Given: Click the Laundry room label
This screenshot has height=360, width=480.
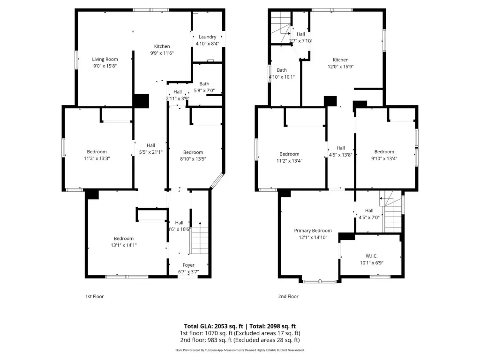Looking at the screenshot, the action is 207,37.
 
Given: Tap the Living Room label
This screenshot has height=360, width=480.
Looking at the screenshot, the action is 105,59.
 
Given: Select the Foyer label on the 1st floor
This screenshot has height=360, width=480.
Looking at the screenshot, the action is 188,265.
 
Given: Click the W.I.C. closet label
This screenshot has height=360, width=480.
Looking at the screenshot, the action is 371,256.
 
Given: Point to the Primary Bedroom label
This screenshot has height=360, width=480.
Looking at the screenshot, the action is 313,231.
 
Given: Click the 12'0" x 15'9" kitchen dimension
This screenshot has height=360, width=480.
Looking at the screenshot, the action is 341,67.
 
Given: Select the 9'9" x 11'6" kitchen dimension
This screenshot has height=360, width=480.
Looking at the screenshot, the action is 162,53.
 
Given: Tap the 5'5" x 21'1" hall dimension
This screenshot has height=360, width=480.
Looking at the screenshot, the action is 150,152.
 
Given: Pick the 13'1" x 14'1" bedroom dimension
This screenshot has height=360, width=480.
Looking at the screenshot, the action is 124,245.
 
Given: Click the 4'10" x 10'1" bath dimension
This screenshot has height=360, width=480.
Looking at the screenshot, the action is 282,77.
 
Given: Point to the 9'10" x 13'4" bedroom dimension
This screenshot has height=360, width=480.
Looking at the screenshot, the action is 384,158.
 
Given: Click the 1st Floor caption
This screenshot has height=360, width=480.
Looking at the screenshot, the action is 95,296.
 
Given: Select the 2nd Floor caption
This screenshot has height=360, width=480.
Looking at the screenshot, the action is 288,296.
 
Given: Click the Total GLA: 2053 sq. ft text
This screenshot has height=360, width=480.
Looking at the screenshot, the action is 214,326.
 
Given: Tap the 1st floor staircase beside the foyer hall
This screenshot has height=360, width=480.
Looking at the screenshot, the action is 200,238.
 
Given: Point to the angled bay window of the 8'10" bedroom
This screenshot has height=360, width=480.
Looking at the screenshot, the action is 217,180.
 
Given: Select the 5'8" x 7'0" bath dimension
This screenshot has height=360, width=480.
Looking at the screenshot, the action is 204,90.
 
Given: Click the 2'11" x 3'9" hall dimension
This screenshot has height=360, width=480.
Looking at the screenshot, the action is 178,98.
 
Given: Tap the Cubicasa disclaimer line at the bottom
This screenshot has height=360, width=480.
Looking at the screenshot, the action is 240,350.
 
